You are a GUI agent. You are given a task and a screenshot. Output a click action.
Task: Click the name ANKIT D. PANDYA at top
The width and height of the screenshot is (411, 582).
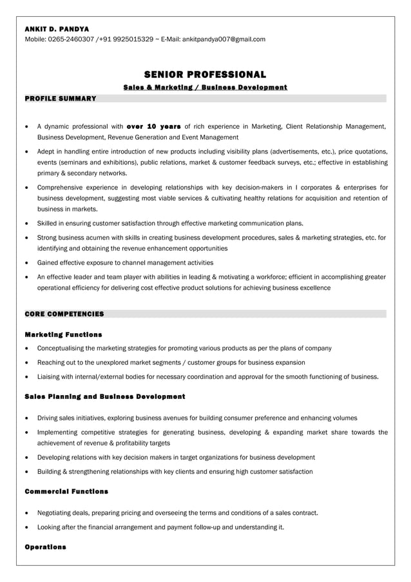(x=57, y=29)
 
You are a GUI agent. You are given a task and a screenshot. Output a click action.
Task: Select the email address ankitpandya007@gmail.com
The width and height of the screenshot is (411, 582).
(x=224, y=39)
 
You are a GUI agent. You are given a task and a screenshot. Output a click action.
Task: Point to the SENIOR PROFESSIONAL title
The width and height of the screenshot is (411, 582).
(x=205, y=75)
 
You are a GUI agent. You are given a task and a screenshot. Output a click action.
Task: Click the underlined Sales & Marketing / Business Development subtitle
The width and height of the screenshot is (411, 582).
(x=205, y=87)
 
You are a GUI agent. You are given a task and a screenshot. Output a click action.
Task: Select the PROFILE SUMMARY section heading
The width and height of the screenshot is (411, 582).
(x=60, y=99)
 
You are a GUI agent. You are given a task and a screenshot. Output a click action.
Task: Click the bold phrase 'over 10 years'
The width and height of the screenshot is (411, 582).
(x=154, y=126)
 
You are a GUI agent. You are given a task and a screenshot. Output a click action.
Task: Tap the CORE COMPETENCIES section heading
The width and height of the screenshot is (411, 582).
(x=64, y=314)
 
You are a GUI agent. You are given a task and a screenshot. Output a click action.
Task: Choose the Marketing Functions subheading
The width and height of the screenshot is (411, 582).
(x=63, y=335)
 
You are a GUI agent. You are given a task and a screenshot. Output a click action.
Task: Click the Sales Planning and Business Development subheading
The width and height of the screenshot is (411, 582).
(x=104, y=396)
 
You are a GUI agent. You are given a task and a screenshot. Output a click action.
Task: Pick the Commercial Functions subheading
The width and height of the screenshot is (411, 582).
(x=66, y=492)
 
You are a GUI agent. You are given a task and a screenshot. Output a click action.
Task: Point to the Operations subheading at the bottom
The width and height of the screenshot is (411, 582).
(x=45, y=547)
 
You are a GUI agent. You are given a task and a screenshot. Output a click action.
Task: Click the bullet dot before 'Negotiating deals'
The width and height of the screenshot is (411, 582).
(x=26, y=514)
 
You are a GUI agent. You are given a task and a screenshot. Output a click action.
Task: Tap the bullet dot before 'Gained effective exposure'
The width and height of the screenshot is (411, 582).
(x=26, y=263)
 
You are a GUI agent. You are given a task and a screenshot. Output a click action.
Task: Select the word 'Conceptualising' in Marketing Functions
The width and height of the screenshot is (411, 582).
(x=62, y=348)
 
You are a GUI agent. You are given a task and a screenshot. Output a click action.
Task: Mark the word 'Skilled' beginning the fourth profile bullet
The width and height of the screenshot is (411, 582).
(x=48, y=223)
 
